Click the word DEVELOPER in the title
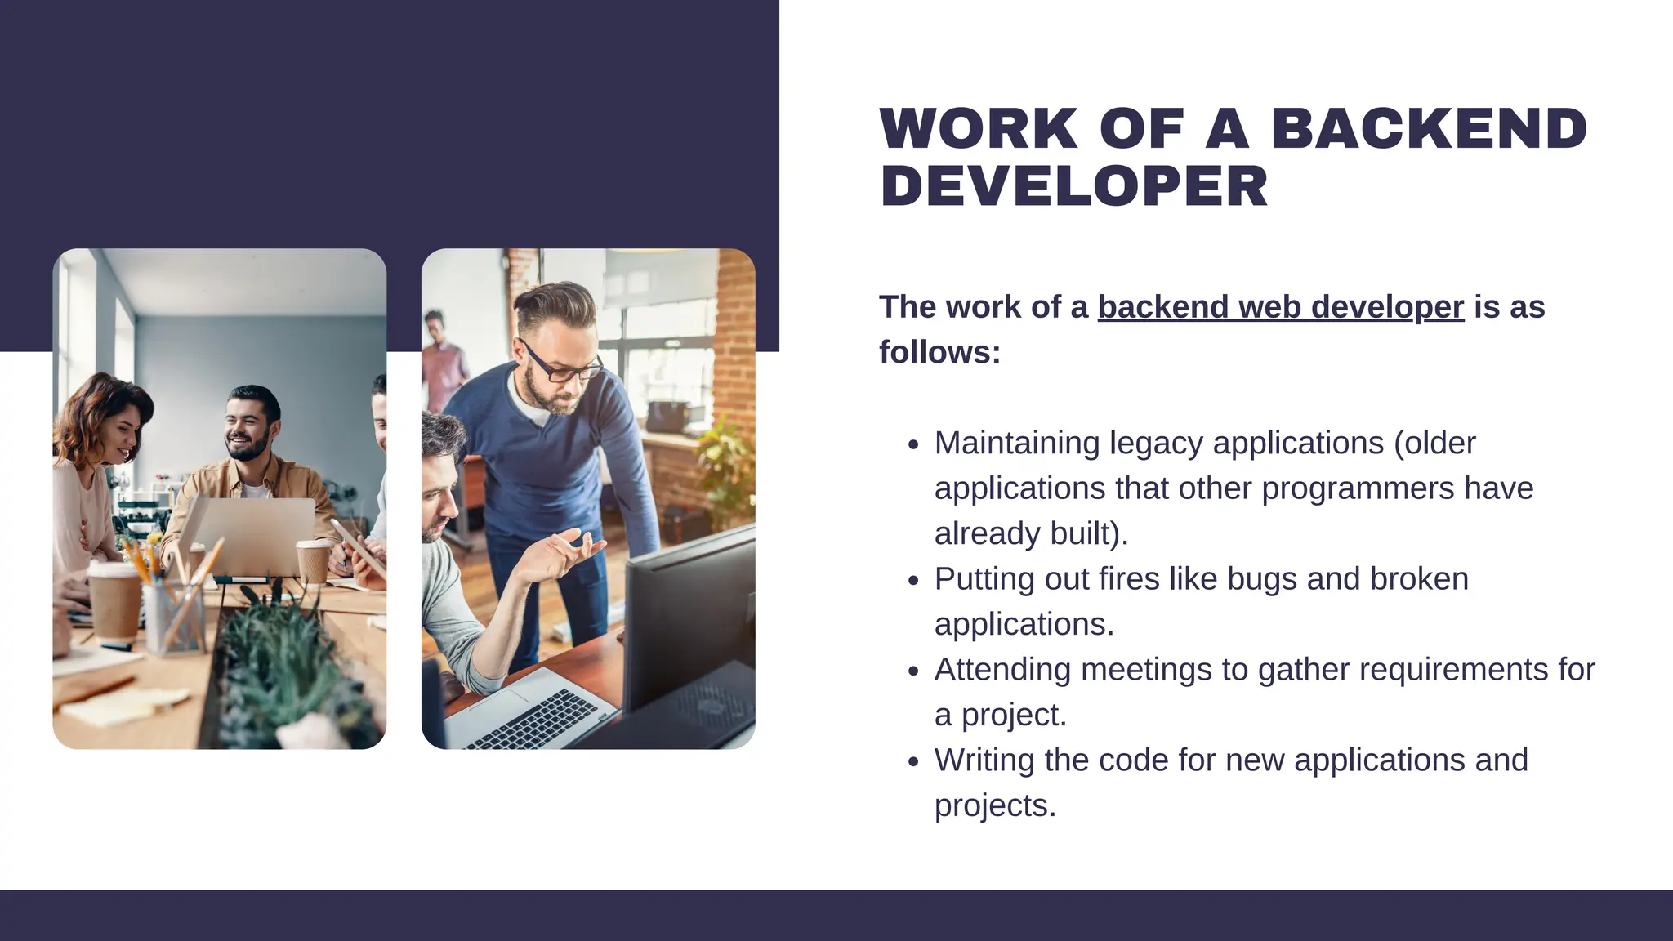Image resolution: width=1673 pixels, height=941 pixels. point(1073,187)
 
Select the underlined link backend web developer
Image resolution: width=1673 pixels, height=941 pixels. point(1280,307)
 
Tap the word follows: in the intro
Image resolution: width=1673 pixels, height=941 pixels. point(939,353)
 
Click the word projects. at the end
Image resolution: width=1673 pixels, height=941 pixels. point(995,806)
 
